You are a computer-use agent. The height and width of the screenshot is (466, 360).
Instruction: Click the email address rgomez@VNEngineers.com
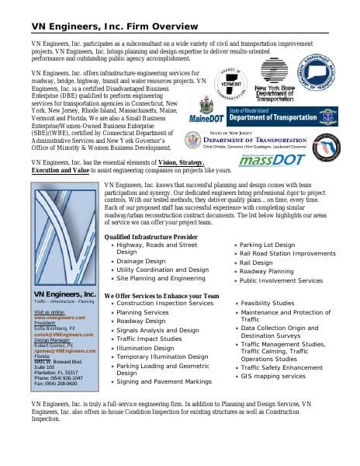pos(64,350)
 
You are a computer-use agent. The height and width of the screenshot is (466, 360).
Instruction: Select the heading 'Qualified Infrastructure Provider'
pos(156,236)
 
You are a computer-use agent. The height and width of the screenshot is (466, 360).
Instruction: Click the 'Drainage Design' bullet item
pos(140,261)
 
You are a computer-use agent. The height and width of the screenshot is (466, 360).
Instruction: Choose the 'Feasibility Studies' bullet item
pos(267,303)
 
